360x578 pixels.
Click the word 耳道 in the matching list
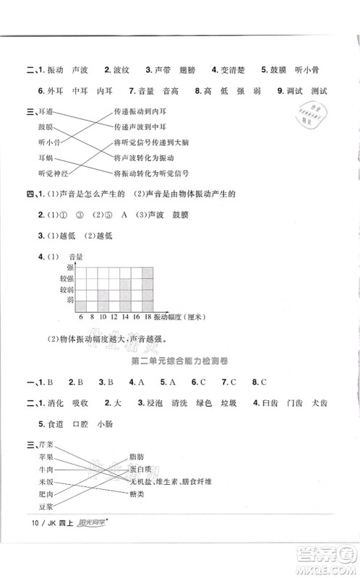pos(45,113)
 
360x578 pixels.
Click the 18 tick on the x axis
pos(147,316)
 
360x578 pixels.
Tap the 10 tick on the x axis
pos(103,316)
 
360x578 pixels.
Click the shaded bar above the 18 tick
pos(147,289)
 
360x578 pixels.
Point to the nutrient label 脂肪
pos(136,456)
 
